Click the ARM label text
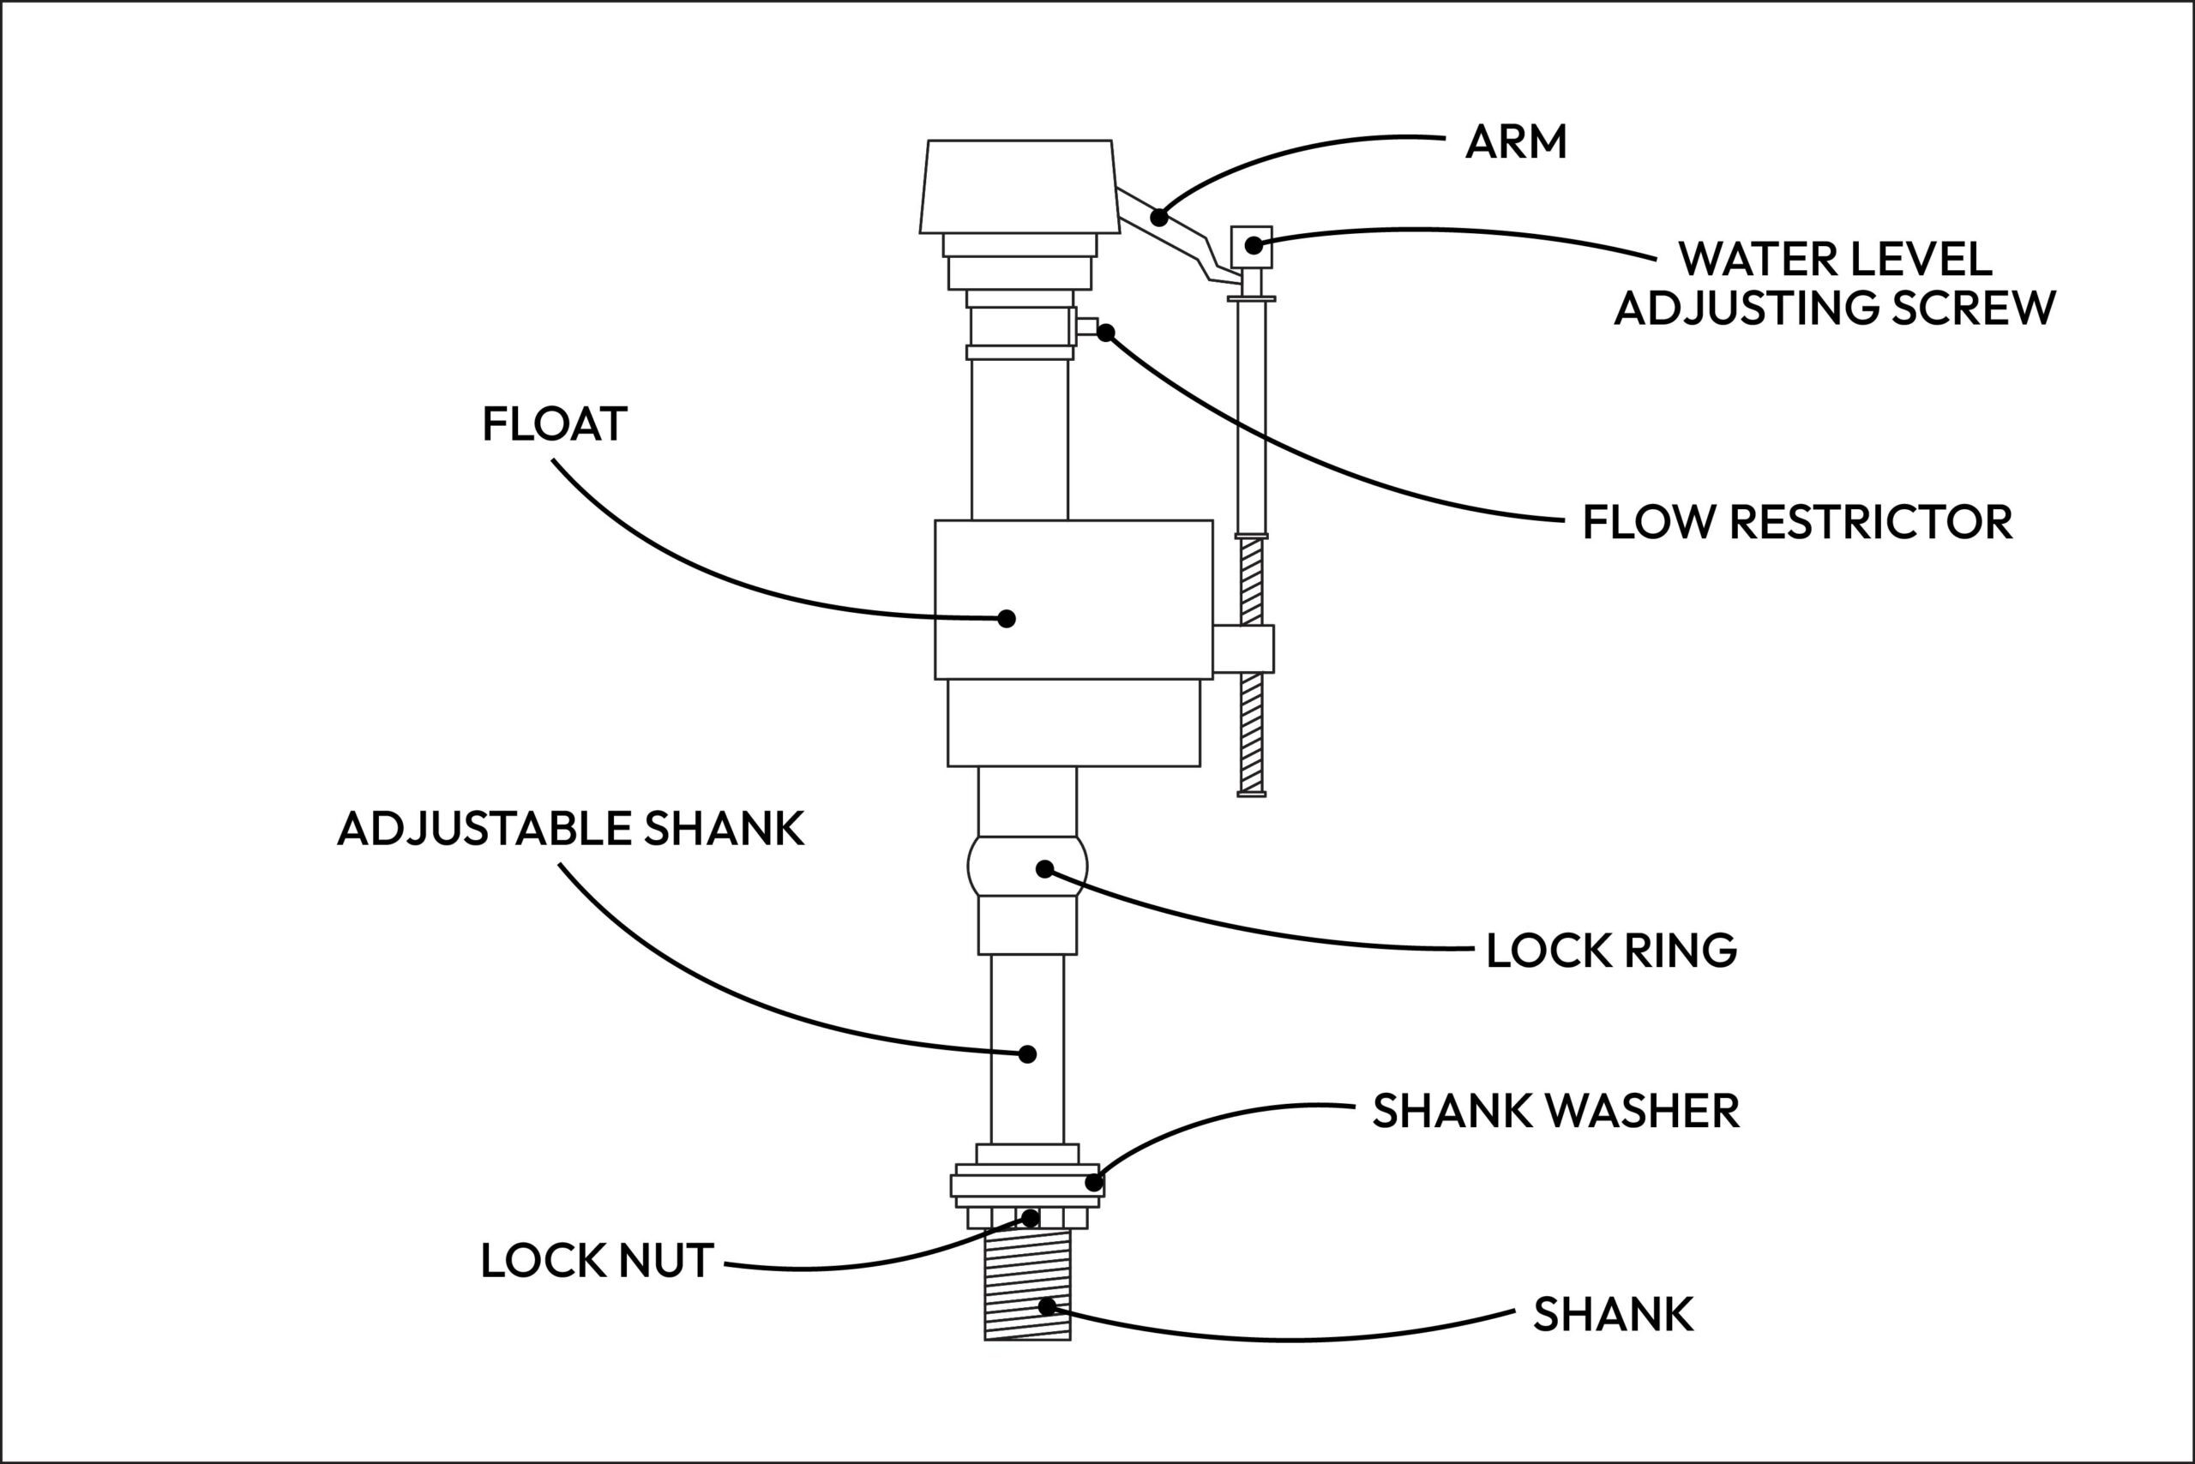[x=1515, y=142]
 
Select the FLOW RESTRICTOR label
[x=1797, y=522]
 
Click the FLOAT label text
[x=554, y=424]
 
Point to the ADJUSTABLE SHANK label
[x=570, y=828]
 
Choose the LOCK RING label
[x=1611, y=951]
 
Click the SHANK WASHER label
[x=1555, y=1111]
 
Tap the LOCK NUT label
[x=597, y=1261]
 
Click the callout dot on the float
[x=1006, y=618]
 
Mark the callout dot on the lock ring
[x=1045, y=869]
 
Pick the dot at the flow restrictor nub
[x=1106, y=333]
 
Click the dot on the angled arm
[x=1159, y=218]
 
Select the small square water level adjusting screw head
[x=1252, y=245]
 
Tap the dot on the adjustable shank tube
[x=1027, y=1054]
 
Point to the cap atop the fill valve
[x=1018, y=187]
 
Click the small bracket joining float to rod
[x=1243, y=649]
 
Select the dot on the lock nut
[x=1031, y=1219]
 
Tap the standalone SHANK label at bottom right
[x=1613, y=1315]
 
